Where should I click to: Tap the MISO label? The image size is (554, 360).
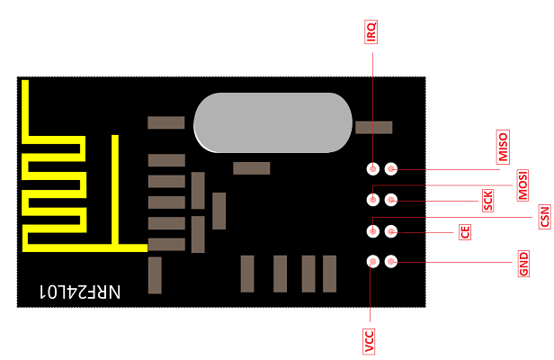coord(503,148)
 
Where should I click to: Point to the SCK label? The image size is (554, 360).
coord(488,200)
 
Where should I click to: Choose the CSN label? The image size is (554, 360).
coord(543,216)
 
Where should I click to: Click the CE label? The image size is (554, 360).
coord(465,231)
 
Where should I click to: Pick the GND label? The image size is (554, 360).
coord(523,265)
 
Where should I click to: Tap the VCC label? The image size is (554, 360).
coord(370,340)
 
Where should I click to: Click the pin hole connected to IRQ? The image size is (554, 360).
coord(372,168)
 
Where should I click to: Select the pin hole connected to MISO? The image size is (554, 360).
coord(391,168)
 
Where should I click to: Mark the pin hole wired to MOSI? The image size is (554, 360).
coord(372,200)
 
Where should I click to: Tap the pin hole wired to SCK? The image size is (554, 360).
coord(391,200)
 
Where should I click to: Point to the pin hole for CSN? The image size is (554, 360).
coord(372,231)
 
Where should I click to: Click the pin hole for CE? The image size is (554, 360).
coord(391,231)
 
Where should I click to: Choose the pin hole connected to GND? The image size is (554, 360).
coord(391,262)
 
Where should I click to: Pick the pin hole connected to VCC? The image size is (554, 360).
coord(372,262)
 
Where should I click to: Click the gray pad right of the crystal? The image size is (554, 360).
coord(374,128)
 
